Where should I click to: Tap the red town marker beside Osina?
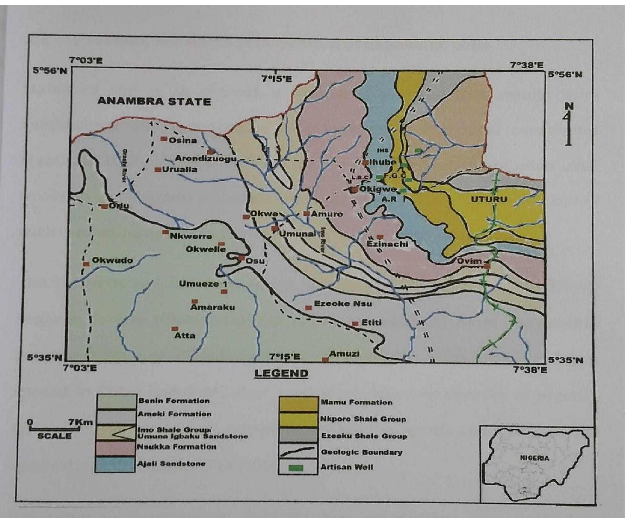[x=164, y=139]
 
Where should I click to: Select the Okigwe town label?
[x=378, y=189]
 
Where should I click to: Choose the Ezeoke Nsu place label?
[x=343, y=304]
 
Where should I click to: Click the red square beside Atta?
[x=175, y=329]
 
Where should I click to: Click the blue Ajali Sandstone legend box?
[x=115, y=464]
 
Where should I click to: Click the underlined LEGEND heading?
[x=281, y=373]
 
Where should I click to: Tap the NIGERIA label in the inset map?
[x=534, y=458]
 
